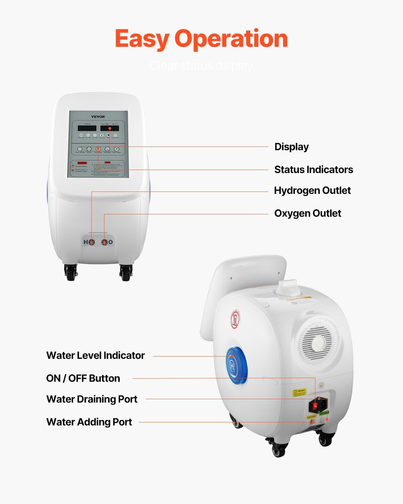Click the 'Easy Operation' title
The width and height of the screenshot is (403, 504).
point(201,39)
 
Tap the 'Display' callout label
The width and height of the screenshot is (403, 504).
point(291,147)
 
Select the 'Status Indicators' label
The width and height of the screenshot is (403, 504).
point(313,170)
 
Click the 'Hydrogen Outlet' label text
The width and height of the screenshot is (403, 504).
point(312,191)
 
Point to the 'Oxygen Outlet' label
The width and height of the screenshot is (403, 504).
point(307,213)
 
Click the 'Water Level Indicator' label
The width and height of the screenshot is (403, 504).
point(95,355)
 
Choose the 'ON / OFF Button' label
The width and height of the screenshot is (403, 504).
point(83,378)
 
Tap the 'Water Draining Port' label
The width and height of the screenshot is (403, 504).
point(92,399)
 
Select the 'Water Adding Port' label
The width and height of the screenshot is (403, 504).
point(89,422)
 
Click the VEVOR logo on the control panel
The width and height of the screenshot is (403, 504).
point(98,117)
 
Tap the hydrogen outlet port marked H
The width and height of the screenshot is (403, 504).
point(91,242)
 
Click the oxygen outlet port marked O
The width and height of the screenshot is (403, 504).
point(105,242)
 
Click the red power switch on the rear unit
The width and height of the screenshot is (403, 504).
point(315,406)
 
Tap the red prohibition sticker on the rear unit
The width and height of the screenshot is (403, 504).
point(235,320)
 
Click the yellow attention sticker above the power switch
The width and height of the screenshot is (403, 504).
point(299,392)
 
